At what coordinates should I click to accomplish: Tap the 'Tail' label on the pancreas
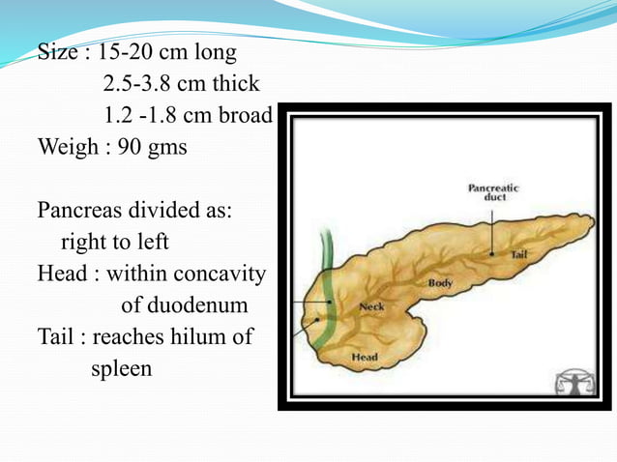[x=517, y=253]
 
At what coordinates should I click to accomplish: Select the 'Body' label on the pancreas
[x=441, y=282]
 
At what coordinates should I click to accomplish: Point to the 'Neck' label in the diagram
[x=371, y=306]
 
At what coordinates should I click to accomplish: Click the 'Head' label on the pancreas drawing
[x=364, y=358]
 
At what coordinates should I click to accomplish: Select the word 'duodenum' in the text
[x=200, y=306]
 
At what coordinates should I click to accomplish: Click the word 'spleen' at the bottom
[x=122, y=368]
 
